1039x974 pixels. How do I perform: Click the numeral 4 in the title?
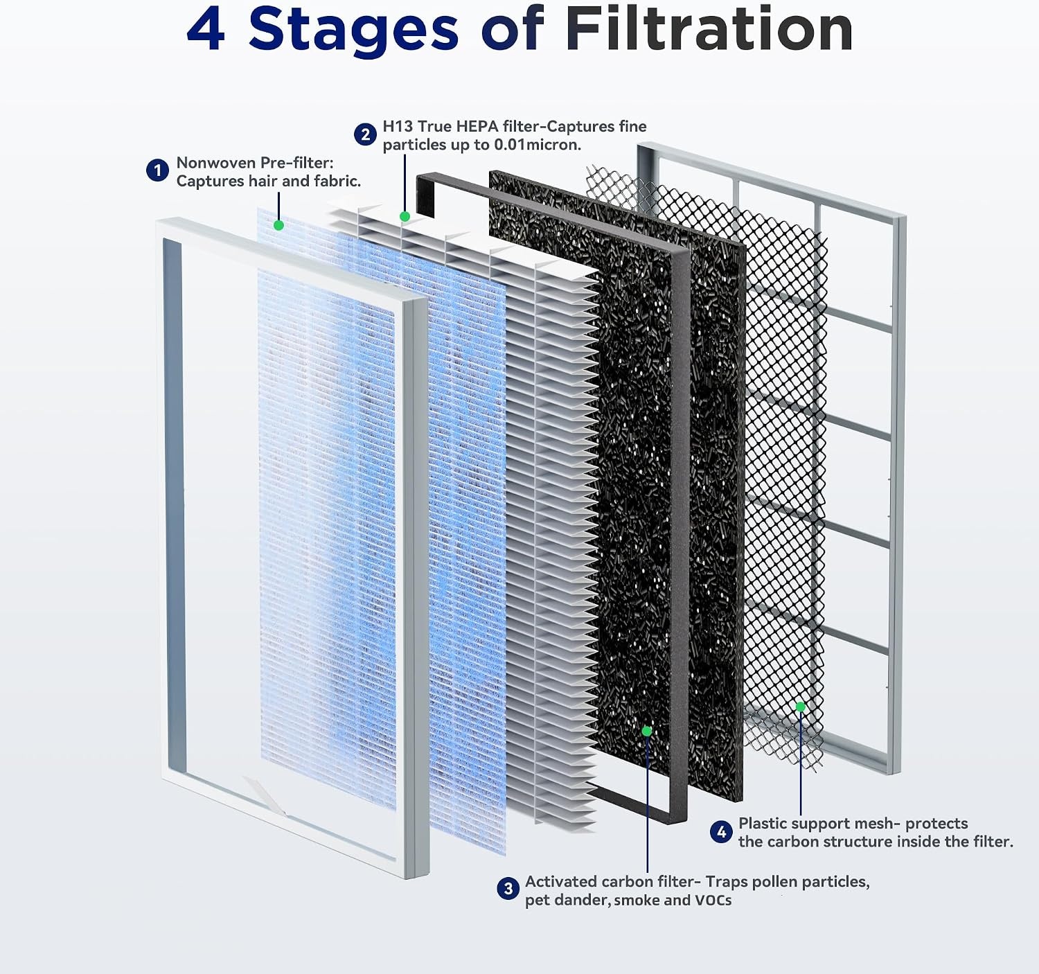point(206,30)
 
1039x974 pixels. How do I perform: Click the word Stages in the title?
point(353,31)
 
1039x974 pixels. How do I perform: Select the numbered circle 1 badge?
point(157,170)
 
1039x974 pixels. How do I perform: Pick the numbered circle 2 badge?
point(365,135)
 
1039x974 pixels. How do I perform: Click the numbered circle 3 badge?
point(508,889)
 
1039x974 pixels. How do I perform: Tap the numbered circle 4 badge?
point(722,832)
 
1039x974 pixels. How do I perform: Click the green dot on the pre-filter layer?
point(279,225)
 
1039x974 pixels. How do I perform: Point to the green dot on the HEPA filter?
point(405,216)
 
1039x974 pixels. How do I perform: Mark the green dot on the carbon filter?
point(647,731)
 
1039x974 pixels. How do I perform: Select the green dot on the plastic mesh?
point(800,707)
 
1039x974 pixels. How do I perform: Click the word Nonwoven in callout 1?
point(215,163)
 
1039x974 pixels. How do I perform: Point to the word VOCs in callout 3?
point(713,900)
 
